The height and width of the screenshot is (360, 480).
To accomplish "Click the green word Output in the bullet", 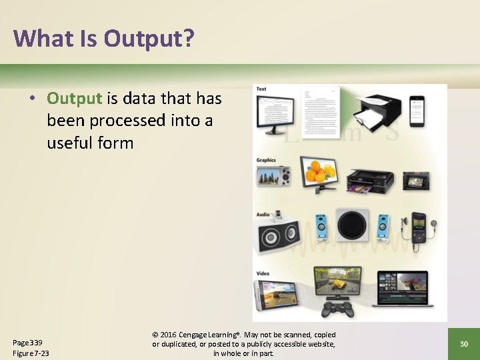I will (x=74, y=99).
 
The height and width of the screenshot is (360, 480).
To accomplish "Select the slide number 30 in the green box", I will (x=463, y=343).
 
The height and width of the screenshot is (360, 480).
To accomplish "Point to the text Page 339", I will (x=27, y=342).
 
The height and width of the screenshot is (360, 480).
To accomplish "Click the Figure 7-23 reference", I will (x=31, y=353).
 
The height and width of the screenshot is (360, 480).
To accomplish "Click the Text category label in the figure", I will (x=261, y=89).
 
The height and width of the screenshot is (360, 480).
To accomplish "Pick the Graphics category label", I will (x=266, y=160).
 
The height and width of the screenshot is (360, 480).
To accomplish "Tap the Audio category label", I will (x=263, y=214).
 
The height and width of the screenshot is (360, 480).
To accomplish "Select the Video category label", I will (x=263, y=273).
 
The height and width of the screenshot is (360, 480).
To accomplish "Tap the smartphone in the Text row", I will (x=417, y=110).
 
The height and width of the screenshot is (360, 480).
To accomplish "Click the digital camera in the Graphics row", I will (x=274, y=176).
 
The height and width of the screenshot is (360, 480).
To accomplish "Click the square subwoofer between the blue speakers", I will (x=353, y=225).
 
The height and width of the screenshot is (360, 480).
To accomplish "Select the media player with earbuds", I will (x=418, y=231).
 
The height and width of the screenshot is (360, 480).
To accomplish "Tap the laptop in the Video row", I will (x=402, y=288).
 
